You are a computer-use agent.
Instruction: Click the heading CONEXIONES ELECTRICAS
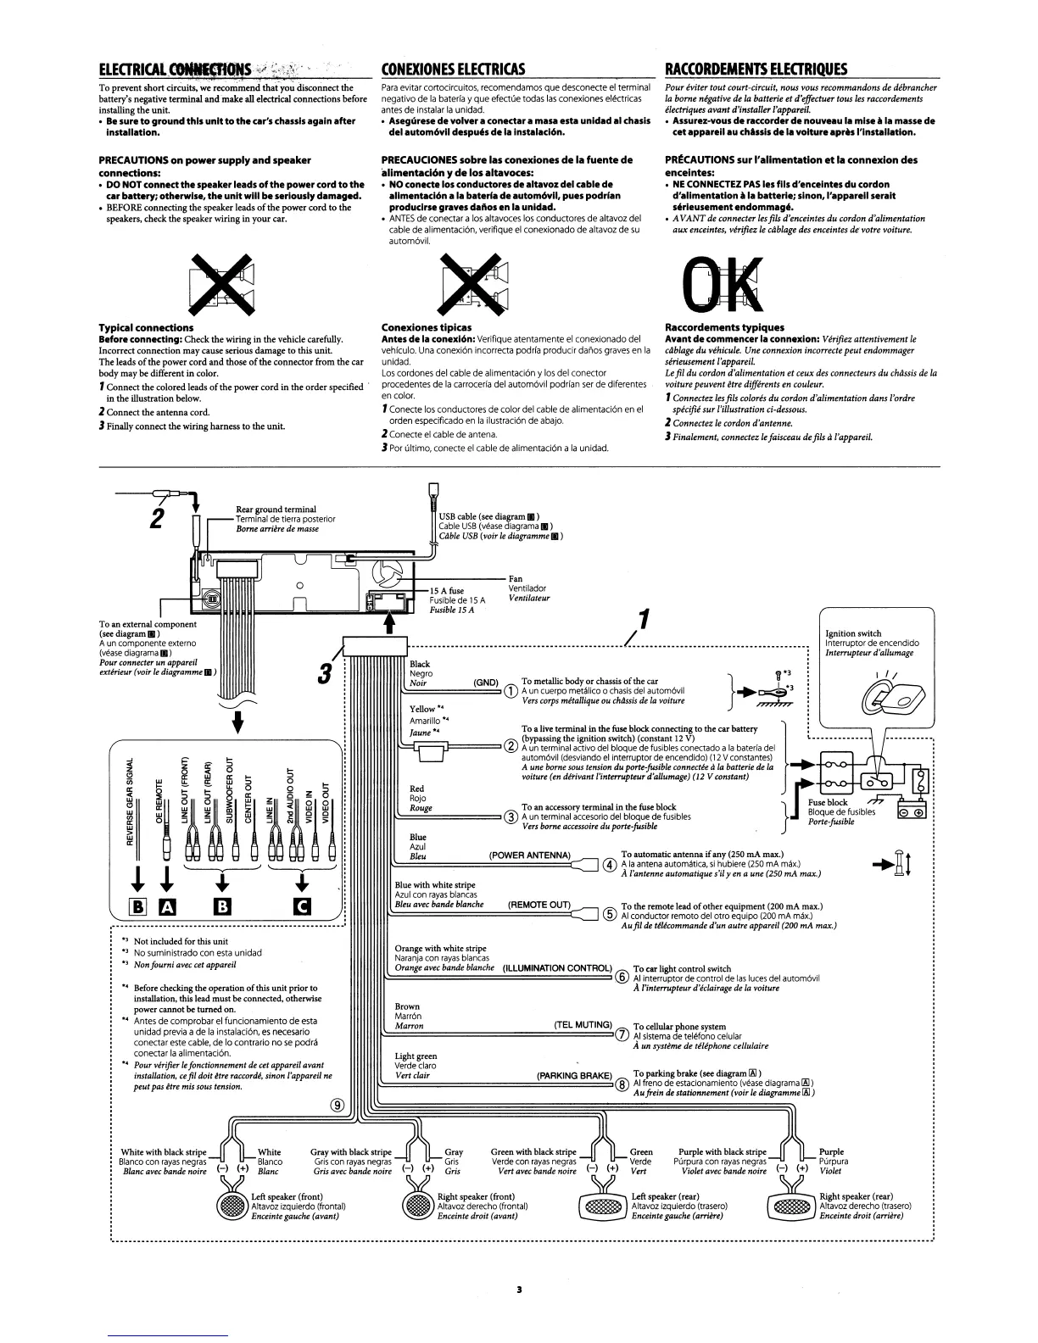click(x=453, y=69)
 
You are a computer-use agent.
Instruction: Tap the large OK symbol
click(x=717, y=284)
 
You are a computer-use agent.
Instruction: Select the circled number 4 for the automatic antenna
click(x=607, y=865)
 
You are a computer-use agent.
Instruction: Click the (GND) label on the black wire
click(x=485, y=682)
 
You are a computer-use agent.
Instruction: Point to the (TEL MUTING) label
click(x=583, y=1024)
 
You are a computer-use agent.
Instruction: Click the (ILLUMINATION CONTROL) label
click(x=557, y=968)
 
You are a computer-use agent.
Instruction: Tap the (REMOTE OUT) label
click(x=539, y=905)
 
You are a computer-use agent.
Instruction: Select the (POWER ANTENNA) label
click(x=530, y=855)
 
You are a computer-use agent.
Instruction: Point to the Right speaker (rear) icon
click(x=790, y=1205)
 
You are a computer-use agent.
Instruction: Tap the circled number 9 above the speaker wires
click(x=338, y=1104)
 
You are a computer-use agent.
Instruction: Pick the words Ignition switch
click(x=853, y=633)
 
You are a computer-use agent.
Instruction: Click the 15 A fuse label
click(x=446, y=591)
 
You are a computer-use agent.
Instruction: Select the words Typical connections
click(x=146, y=327)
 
